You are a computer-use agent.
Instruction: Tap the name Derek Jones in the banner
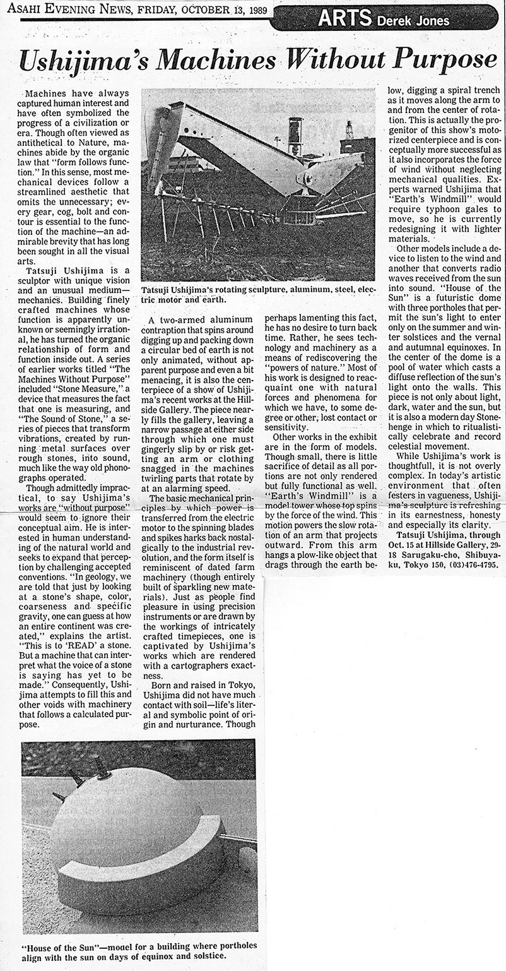coord(413,21)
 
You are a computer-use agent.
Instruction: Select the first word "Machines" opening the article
coord(41,93)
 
